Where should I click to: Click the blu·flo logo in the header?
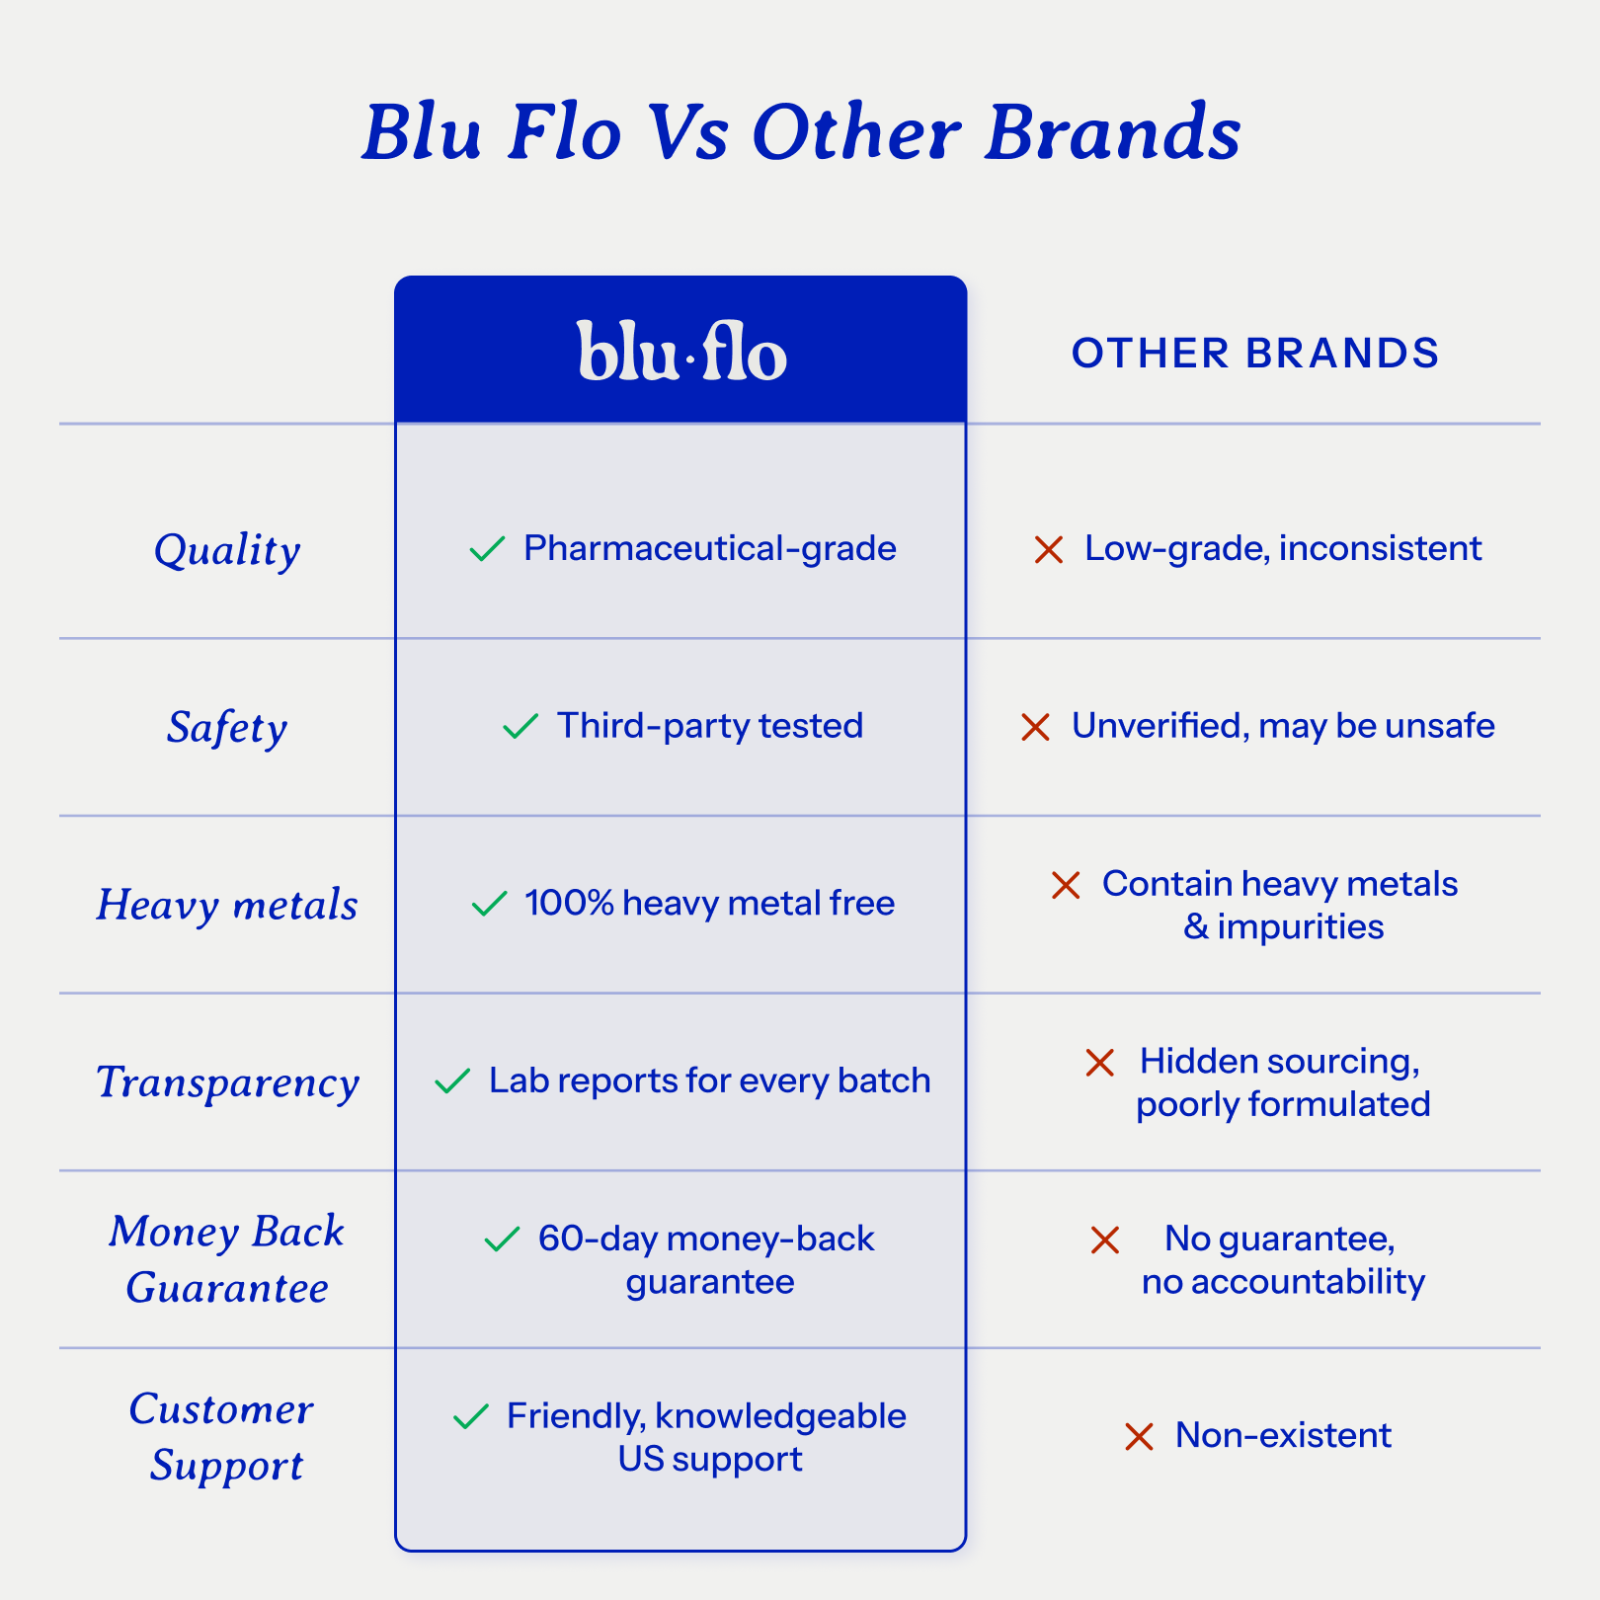point(681,352)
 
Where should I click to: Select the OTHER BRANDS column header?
point(1255,354)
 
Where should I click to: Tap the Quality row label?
point(227,550)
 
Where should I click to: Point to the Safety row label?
point(227,728)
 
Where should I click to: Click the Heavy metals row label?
point(227,905)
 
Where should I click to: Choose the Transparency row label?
point(227,1082)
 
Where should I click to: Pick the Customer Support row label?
point(223,1437)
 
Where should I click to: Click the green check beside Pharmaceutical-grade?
point(487,548)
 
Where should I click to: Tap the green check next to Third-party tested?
point(520,726)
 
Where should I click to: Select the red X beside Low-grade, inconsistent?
point(1048,549)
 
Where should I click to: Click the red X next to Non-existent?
point(1139,1436)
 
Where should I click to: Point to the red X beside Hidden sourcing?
point(1099,1063)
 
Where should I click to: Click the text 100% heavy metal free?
point(709,903)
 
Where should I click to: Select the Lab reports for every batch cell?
point(709,1080)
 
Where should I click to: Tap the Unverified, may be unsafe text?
point(1282,726)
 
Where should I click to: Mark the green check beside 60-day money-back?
point(502,1239)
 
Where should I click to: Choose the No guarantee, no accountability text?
point(1282,1260)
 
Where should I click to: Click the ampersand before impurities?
point(1195,927)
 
